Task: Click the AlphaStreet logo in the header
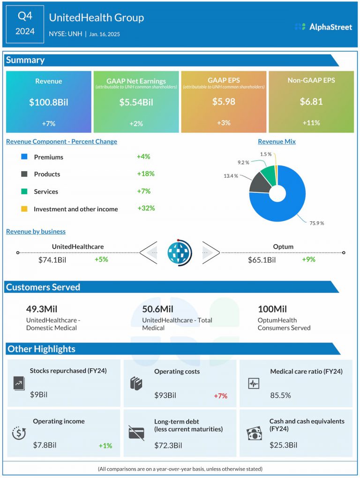(x=323, y=27)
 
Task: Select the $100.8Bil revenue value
(x=48, y=102)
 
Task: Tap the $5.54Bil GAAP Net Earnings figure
(x=136, y=102)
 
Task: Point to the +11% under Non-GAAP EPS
(x=311, y=123)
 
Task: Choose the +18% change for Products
(x=145, y=174)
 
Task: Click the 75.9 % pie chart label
(x=316, y=223)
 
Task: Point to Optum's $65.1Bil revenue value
(x=262, y=260)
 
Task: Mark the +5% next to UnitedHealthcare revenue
(x=101, y=259)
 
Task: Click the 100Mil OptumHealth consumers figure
(x=272, y=309)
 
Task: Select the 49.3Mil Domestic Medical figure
(x=41, y=309)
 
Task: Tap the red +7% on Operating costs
(x=220, y=396)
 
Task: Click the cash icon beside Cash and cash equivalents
(x=254, y=433)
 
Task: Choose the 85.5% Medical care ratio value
(x=280, y=395)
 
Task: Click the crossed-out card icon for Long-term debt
(x=136, y=433)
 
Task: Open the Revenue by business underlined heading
(x=36, y=231)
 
